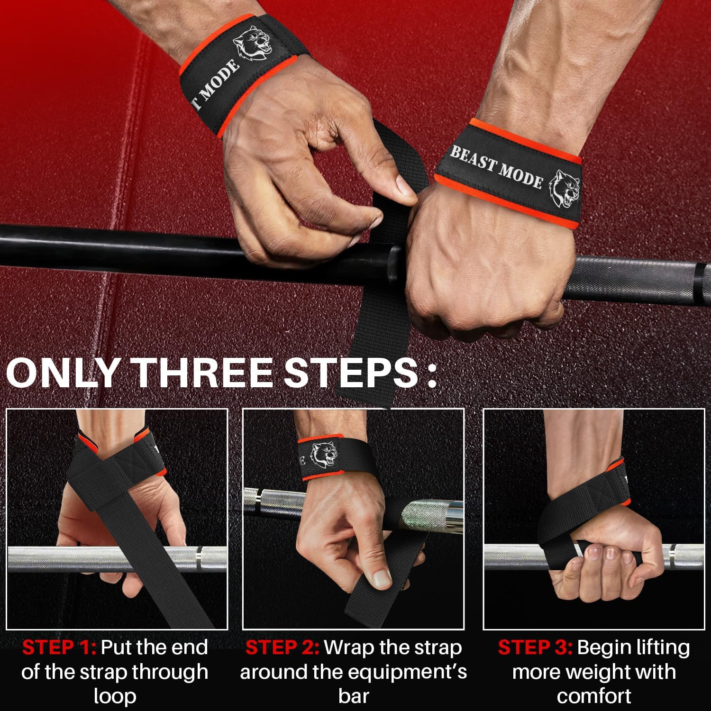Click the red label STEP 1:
coord(59,647)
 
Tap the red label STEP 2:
coord(282,647)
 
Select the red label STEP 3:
coord(535,647)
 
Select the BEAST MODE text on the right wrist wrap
coord(496,166)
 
